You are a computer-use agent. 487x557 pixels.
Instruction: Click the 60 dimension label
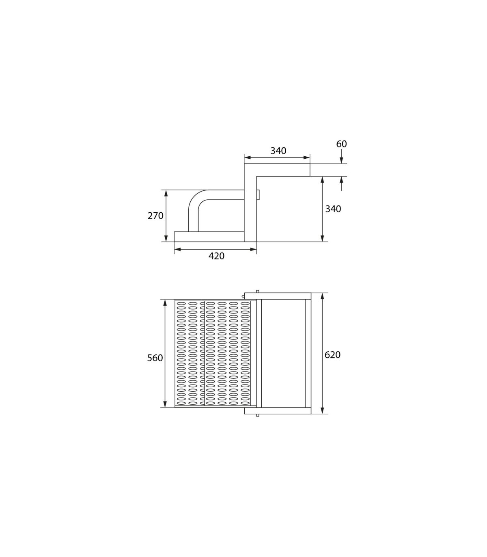(341, 144)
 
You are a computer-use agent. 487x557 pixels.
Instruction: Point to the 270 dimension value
(155, 216)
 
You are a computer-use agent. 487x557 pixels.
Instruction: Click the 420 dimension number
(216, 256)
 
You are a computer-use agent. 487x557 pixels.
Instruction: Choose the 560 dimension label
(155, 358)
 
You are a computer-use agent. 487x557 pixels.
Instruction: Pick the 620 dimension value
(332, 354)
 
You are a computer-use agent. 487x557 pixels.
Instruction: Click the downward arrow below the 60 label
(341, 156)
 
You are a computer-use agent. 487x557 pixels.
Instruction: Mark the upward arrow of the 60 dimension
(341, 184)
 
